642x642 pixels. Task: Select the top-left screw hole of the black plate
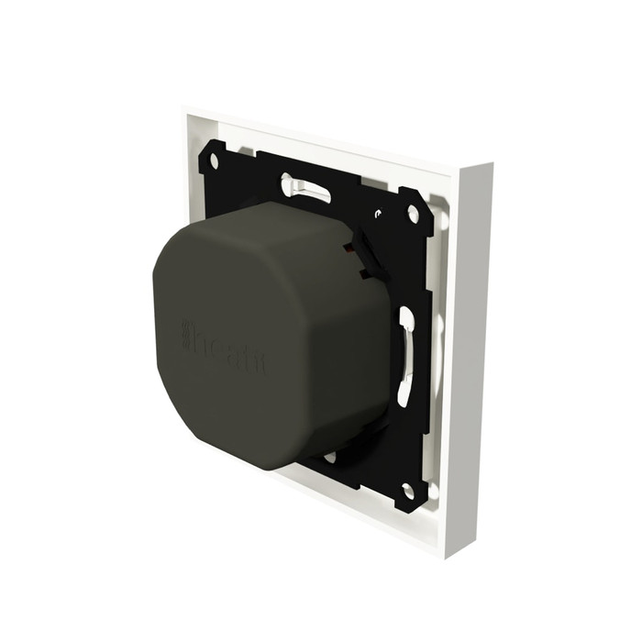coord(214,160)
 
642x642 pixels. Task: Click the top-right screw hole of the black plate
coord(413,214)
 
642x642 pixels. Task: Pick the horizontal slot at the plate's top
coord(306,188)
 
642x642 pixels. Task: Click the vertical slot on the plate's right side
coord(405,358)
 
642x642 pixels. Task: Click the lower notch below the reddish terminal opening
coord(366,273)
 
